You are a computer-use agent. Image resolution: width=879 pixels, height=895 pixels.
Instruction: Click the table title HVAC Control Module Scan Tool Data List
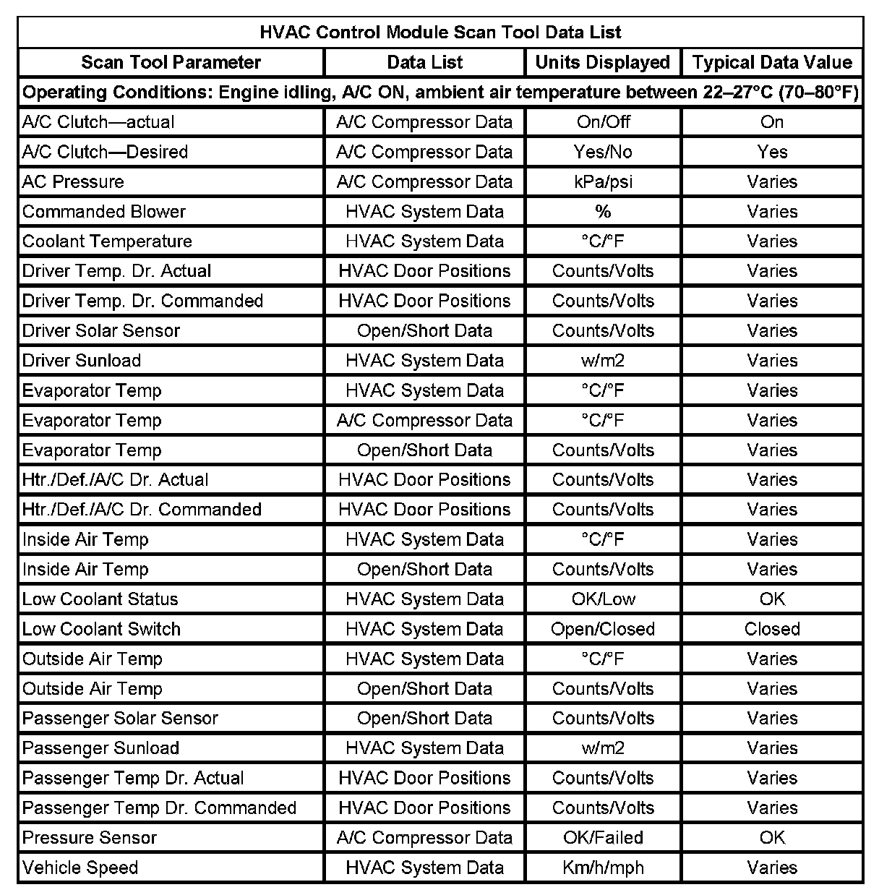click(x=440, y=33)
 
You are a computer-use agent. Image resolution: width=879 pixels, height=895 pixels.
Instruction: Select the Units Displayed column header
click(x=602, y=62)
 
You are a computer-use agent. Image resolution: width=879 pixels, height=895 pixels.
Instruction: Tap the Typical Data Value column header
click(x=772, y=62)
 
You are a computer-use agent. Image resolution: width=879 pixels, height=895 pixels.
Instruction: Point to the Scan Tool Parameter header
click(x=171, y=62)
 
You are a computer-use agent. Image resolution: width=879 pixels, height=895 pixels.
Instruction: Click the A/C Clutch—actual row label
click(x=98, y=122)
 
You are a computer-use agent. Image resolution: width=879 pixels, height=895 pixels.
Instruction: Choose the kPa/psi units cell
click(x=603, y=181)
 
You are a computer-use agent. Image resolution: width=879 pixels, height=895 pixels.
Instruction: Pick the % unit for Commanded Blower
click(x=603, y=212)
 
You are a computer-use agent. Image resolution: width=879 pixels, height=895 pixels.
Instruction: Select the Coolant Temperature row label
click(x=107, y=241)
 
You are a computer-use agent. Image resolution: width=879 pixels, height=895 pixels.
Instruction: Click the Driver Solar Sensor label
click(x=101, y=331)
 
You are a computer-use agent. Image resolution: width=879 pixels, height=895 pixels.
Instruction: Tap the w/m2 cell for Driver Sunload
click(x=603, y=361)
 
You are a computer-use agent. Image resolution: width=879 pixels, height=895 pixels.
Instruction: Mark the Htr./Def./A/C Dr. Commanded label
click(x=142, y=510)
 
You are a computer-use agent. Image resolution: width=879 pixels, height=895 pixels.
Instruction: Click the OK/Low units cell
click(x=603, y=599)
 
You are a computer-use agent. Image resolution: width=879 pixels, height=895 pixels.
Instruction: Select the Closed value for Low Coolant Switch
click(x=772, y=629)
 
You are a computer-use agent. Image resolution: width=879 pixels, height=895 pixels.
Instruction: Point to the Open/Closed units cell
click(x=603, y=629)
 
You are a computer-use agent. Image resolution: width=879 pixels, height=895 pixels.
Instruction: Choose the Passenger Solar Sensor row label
click(x=120, y=719)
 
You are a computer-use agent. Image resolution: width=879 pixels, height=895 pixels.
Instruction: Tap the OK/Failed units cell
click(x=603, y=838)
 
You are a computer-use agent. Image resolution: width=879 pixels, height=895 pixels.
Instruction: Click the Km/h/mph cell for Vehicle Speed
click(x=603, y=868)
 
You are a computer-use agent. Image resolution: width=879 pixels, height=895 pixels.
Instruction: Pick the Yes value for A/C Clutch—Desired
click(x=772, y=152)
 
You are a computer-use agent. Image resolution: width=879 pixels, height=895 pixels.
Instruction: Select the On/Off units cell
click(x=603, y=122)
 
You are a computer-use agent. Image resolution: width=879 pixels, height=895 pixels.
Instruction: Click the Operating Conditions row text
click(x=440, y=93)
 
